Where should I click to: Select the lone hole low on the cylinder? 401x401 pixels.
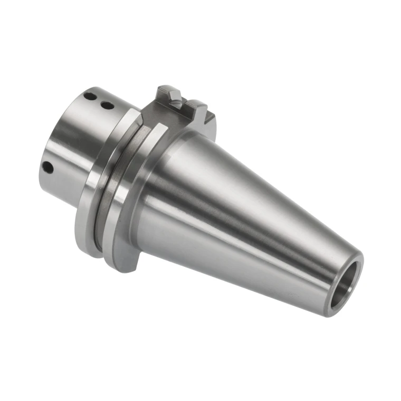[48, 167]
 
